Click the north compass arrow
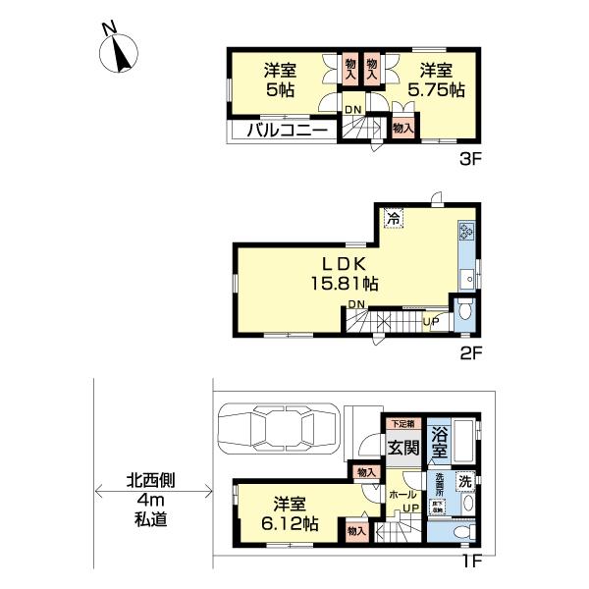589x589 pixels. point(123,53)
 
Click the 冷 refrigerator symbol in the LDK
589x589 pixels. point(392,219)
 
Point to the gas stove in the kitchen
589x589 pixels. point(465,233)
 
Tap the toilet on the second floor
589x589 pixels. point(464,312)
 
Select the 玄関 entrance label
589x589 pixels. point(401,448)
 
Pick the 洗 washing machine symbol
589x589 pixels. point(465,481)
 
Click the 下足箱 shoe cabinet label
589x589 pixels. point(402,424)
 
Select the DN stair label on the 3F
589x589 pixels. point(352,110)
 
